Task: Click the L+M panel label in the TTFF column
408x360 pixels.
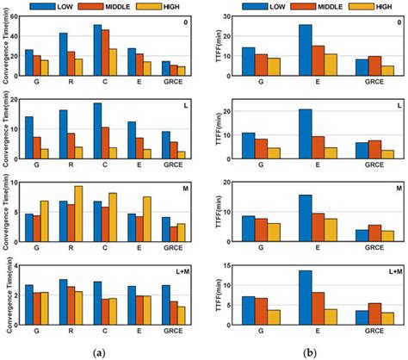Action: click(387, 270)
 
